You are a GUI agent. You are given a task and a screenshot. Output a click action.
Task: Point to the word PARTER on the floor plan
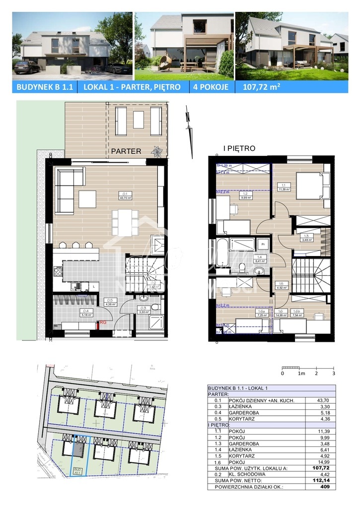(126, 151)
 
